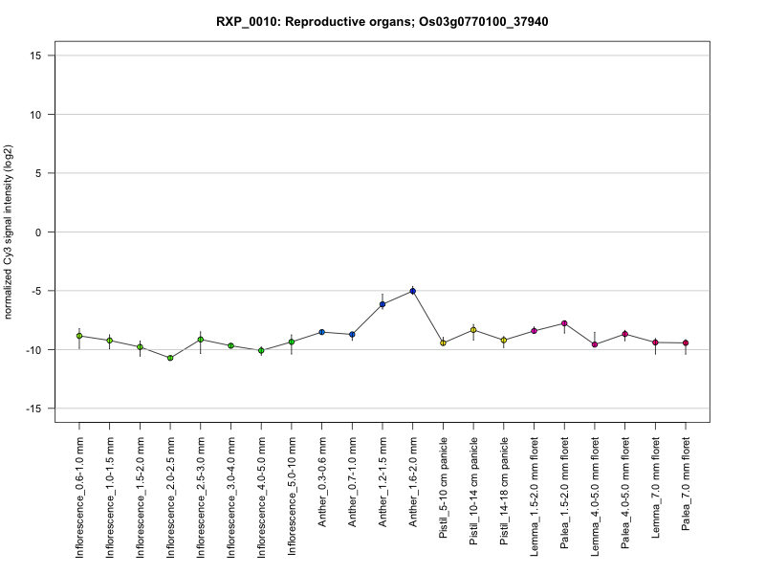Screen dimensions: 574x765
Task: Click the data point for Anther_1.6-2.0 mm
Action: [x=412, y=290]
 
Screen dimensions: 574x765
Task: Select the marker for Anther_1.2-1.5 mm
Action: [x=382, y=304]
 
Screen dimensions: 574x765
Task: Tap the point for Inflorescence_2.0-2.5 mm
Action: [x=170, y=358]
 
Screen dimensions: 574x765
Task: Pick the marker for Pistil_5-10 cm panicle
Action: [x=443, y=342]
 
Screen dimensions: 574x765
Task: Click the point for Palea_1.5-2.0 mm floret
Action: [x=564, y=323]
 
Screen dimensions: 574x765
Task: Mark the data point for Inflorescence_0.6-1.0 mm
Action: [x=79, y=336]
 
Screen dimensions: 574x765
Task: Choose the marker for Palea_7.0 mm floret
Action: [x=686, y=342]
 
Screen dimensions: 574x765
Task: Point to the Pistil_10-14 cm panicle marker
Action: [x=473, y=330]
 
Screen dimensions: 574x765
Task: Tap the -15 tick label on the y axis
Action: [x=35, y=408]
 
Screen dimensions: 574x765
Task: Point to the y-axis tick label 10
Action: [x=37, y=115]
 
